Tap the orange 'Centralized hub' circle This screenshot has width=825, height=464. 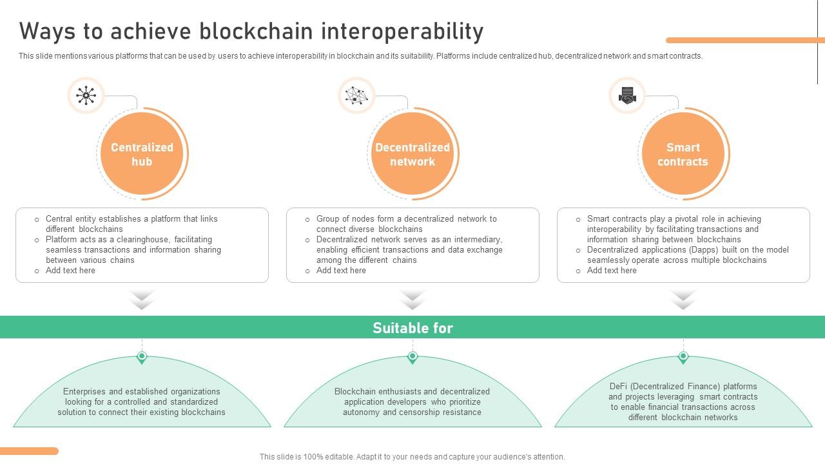[142, 155]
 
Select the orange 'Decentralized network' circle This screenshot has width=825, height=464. [412, 155]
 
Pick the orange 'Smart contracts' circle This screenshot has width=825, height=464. [683, 155]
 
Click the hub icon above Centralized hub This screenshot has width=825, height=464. [86, 96]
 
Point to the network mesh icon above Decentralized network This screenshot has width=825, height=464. [356, 96]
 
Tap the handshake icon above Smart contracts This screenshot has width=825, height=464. [627, 96]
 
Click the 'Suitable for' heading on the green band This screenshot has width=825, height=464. [412, 328]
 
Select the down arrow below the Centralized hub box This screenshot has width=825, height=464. [142, 300]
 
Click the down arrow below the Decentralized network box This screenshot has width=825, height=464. [412, 300]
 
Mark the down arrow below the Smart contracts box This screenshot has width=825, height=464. [683, 300]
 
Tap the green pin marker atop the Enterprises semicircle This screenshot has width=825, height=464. [142, 356]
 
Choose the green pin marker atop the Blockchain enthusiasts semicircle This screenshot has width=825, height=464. [412, 356]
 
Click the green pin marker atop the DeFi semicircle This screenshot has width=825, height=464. [683, 356]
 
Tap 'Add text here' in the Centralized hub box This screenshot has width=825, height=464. [70, 271]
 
